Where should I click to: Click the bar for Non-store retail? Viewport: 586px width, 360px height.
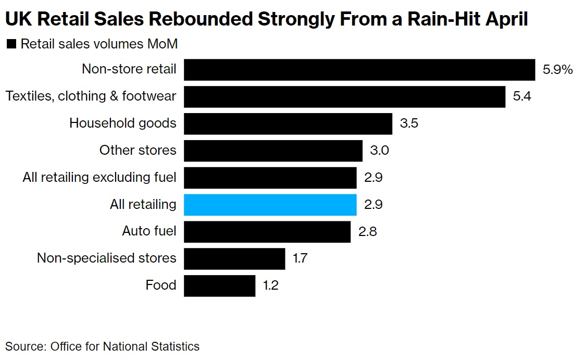tap(359, 70)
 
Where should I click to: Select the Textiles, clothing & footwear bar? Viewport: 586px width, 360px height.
tap(344, 97)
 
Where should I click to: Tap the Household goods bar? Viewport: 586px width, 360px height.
tap(288, 124)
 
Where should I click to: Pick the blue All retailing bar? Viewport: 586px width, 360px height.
tap(270, 205)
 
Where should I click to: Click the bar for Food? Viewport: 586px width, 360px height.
tap(219, 286)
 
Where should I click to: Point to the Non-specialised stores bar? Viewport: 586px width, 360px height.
tap(234, 259)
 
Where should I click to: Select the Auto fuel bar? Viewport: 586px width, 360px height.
tap(267, 232)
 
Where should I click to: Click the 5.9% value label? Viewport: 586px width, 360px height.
tap(557, 70)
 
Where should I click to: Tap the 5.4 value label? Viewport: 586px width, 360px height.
tap(522, 97)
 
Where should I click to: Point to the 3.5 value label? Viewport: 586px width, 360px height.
tap(409, 124)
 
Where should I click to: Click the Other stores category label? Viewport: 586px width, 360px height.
tap(138, 151)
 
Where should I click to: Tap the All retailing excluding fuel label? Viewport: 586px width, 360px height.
tap(99, 178)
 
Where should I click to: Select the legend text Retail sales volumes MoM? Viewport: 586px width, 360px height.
tap(99, 44)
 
